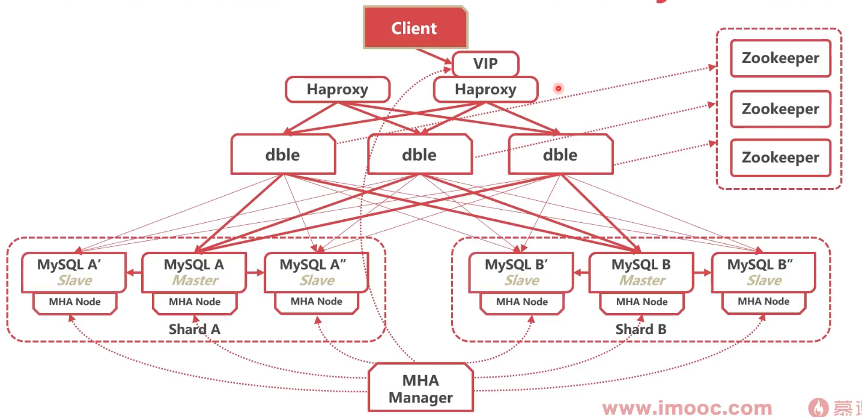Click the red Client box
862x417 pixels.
point(415,28)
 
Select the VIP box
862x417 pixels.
point(485,64)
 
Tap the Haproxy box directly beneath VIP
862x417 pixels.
point(485,90)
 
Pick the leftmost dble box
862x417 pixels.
point(282,154)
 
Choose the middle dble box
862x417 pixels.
point(419,154)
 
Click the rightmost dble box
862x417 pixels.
point(560,154)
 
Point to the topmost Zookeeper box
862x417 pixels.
point(780,58)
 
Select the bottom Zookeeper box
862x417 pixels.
point(780,157)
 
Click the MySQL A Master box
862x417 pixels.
point(194,272)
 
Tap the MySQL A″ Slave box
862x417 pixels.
point(316,272)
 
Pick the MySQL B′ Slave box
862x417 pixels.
point(521,272)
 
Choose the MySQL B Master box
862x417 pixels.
point(641,272)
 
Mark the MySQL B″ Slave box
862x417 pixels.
point(763,272)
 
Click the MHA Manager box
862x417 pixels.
point(420,389)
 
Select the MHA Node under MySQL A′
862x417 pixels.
point(75,302)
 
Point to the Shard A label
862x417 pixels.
point(194,329)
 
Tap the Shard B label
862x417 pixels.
point(641,329)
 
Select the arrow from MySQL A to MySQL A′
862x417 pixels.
point(133,272)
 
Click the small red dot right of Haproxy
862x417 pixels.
point(558,88)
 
